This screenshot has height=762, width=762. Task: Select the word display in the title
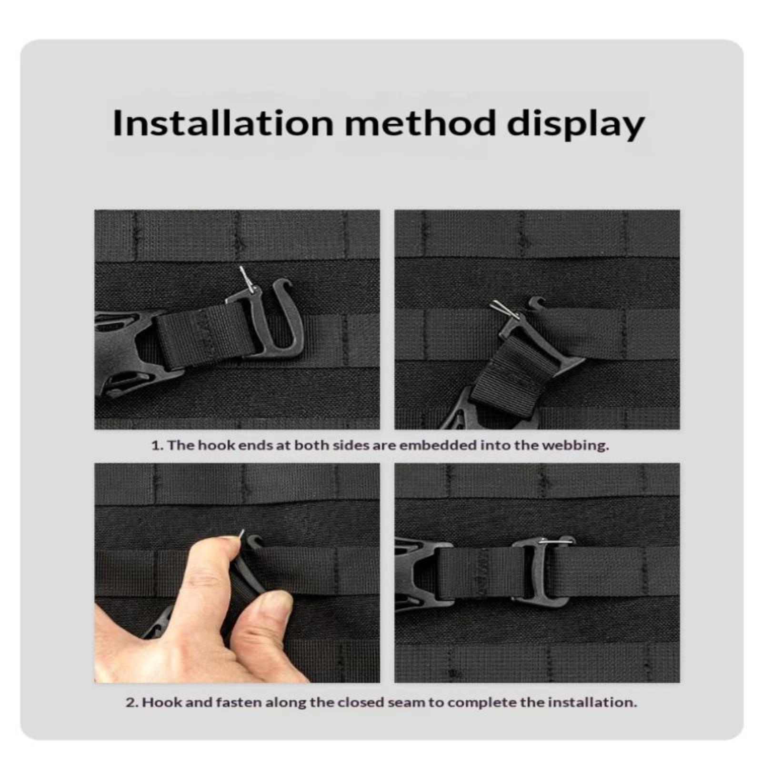tap(575, 125)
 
